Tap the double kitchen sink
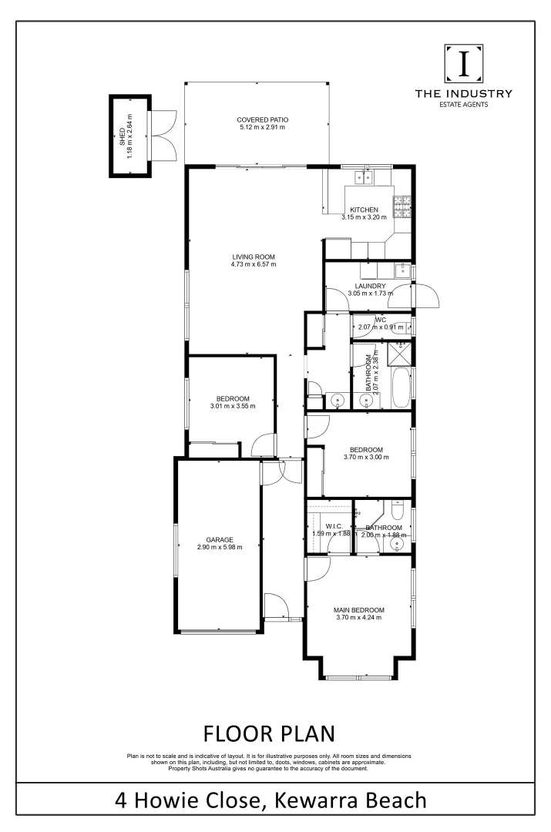[x=365, y=178]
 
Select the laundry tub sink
[x=401, y=270]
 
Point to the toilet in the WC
[x=404, y=324]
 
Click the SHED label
[x=122, y=136]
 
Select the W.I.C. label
[x=333, y=528]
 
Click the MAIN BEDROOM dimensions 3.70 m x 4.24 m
[x=360, y=617]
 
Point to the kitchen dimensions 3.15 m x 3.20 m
[x=364, y=217]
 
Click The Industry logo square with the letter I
[x=463, y=64]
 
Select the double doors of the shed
[x=163, y=135]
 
